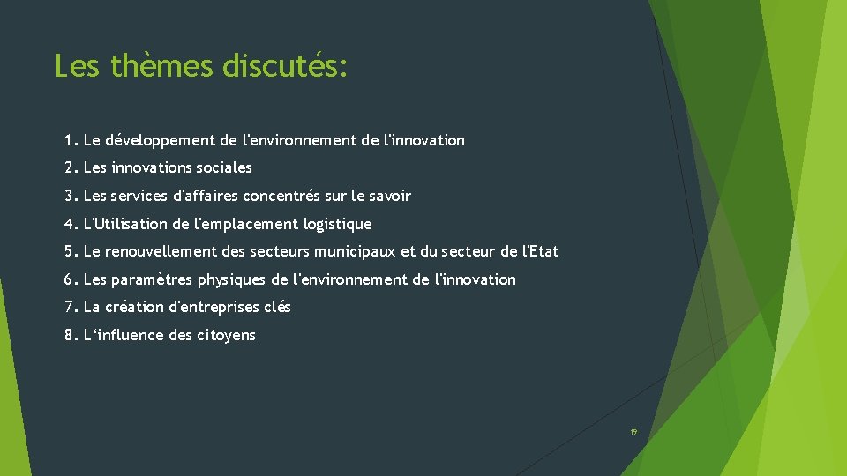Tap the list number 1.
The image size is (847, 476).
(69, 140)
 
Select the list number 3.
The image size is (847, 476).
(69, 196)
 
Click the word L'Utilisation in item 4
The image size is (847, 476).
(124, 224)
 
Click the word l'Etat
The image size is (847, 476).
(541, 252)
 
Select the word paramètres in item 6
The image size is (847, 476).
(153, 280)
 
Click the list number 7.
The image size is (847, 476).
(69, 308)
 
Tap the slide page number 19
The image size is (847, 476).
(633, 432)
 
